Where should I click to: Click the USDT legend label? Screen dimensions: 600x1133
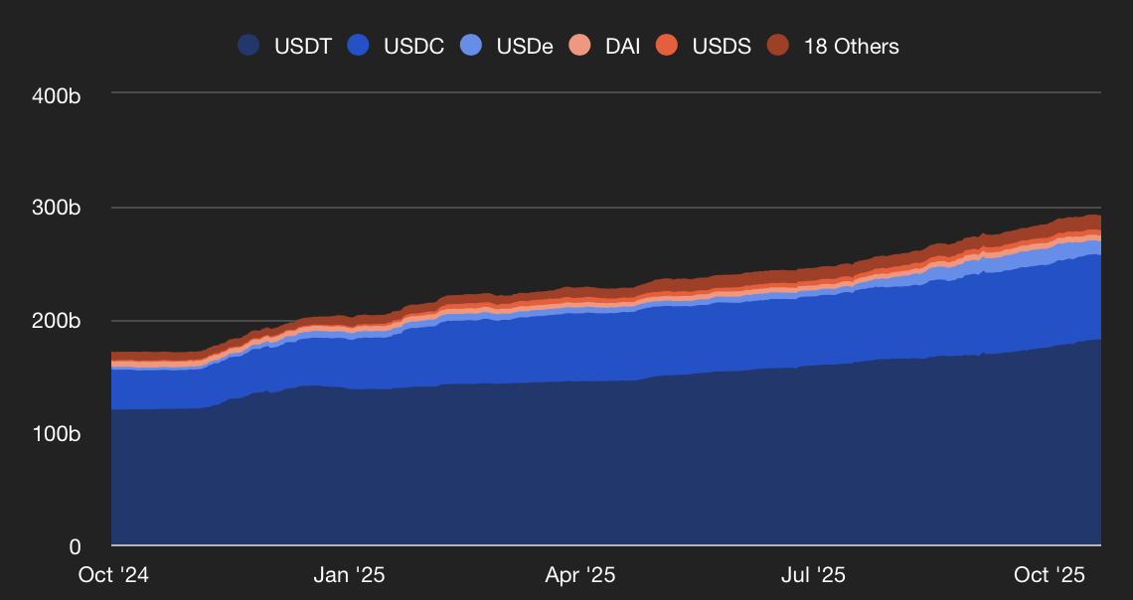[x=303, y=46]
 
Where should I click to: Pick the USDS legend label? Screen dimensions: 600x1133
[x=722, y=46]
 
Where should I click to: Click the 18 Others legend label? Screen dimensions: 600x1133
[x=851, y=46]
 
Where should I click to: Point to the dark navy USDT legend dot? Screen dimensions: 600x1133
[x=248, y=46]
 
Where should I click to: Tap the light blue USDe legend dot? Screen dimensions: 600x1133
[x=472, y=46]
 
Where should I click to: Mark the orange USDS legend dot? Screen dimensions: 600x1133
[x=668, y=46]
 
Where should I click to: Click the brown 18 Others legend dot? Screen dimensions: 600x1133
[x=779, y=46]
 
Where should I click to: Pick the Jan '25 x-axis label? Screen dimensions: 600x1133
[x=349, y=575]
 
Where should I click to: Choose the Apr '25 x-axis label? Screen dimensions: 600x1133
[x=580, y=575]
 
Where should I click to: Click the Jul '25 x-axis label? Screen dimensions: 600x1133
[x=813, y=575]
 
